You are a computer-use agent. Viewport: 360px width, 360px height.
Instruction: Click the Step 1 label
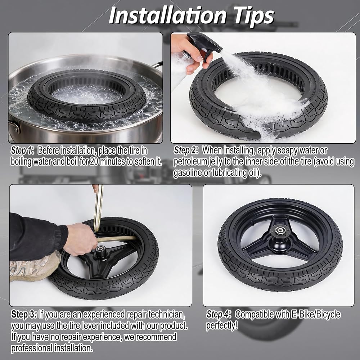point(22,150)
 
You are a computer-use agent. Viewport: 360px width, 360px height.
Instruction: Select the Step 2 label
point(186,150)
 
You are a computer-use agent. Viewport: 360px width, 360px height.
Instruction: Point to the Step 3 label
point(24,314)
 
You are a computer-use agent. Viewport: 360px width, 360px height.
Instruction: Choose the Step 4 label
point(219,314)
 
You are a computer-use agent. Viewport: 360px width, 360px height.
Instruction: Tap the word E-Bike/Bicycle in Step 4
point(316,314)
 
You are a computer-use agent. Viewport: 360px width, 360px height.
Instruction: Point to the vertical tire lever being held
point(99,208)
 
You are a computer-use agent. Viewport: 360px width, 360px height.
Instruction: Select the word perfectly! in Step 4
point(222,325)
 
